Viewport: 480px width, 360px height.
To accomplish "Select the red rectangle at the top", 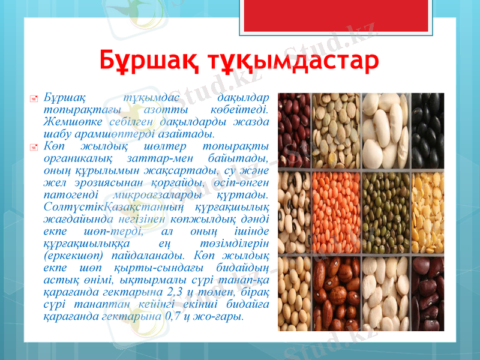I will click(x=306, y=14).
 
